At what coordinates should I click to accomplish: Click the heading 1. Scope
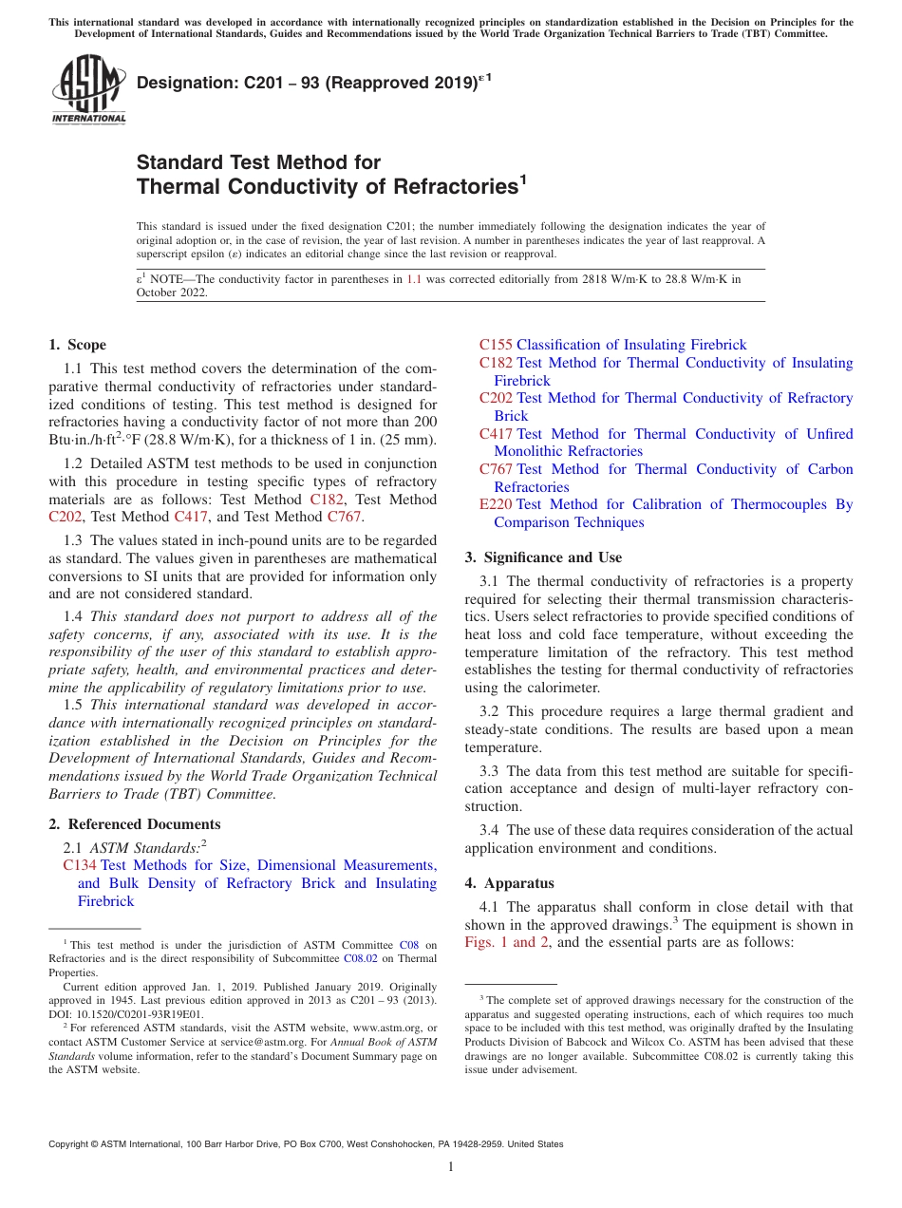click(x=77, y=345)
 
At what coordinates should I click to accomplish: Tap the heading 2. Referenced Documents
click(x=134, y=824)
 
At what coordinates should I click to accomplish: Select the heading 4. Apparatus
click(x=509, y=883)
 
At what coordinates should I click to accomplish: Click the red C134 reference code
click(x=79, y=865)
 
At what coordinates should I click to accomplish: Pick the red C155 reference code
click(x=495, y=345)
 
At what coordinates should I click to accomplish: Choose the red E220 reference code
click(x=495, y=504)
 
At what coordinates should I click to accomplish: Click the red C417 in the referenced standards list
click(x=496, y=434)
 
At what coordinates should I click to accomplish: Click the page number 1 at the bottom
click(x=451, y=1166)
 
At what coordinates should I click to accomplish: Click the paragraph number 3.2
click(x=491, y=711)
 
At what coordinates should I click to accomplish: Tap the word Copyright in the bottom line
click(x=71, y=1144)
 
